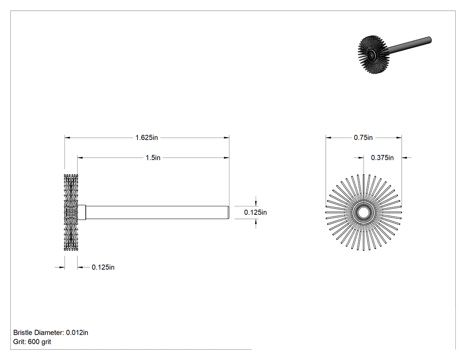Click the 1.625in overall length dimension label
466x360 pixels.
tap(146, 138)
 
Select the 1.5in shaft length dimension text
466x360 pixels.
tap(153, 158)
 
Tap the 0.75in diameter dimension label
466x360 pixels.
tap(363, 138)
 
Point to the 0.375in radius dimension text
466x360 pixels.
tap(382, 158)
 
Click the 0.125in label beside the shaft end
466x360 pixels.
tap(255, 212)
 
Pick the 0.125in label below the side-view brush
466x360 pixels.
tap(103, 267)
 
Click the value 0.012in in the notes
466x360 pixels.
tap(77, 332)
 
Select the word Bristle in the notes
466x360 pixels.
tap(23, 332)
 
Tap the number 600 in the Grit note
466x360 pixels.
tap(34, 342)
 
